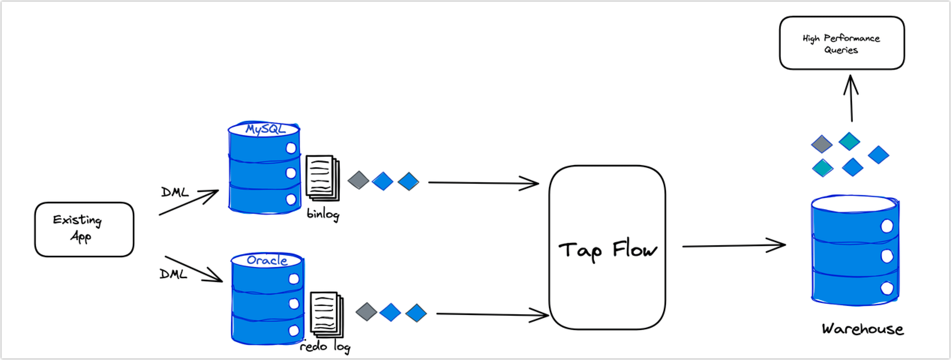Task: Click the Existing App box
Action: point(84,229)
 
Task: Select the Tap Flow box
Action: point(607,247)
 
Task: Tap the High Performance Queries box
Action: point(841,43)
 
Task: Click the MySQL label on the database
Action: point(265,129)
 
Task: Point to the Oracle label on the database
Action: point(267,260)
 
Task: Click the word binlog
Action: point(323,214)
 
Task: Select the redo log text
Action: point(325,346)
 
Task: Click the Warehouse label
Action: point(862,329)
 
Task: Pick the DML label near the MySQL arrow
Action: point(175,192)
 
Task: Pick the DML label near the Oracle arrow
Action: point(173,274)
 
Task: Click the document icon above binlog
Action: point(322,177)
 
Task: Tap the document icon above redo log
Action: point(326,313)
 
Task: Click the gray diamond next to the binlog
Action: point(358,180)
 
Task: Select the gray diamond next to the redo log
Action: point(366,312)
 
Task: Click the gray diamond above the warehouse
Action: point(822,144)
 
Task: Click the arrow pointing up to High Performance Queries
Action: point(851,98)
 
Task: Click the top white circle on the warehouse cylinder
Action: point(887,226)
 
